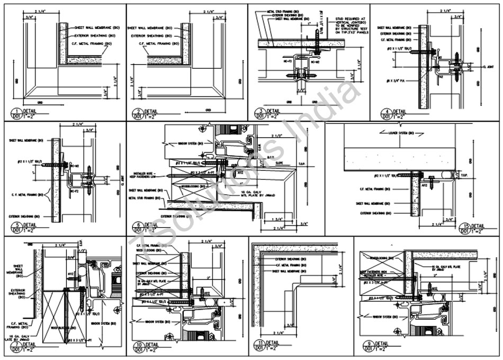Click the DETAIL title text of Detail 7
click(29, 345)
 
